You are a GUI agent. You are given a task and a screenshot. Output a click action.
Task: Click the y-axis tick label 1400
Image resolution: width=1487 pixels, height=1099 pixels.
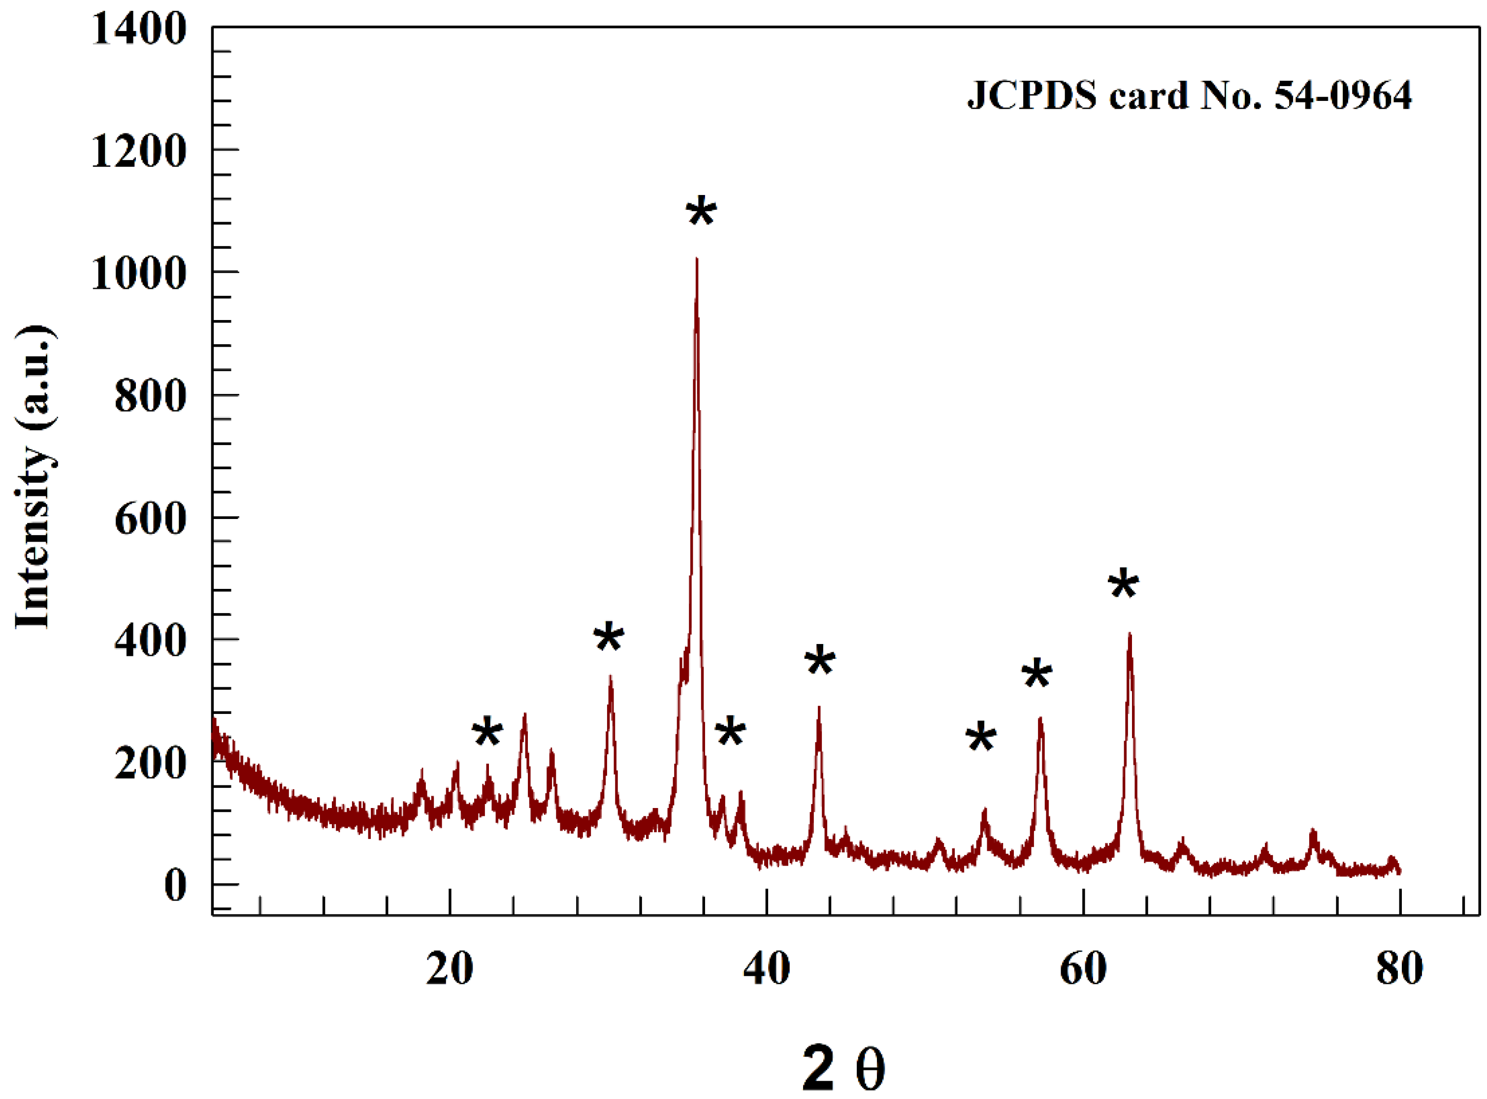click(138, 30)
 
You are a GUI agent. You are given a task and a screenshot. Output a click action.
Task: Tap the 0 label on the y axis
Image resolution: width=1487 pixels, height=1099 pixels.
click(175, 885)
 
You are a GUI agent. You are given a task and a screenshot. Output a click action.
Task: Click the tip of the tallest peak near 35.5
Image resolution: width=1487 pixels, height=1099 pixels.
click(697, 259)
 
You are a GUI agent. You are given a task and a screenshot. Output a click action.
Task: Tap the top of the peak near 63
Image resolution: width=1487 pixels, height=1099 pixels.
click(1129, 634)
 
